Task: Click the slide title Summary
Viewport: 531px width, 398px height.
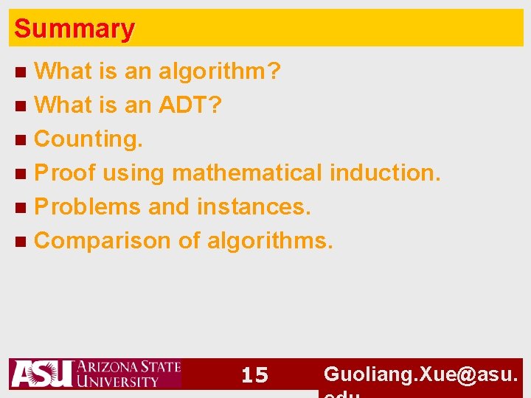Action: click(x=74, y=29)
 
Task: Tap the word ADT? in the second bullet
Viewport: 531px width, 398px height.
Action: click(x=190, y=105)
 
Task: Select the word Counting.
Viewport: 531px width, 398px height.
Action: click(x=89, y=139)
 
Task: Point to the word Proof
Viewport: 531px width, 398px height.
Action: click(x=65, y=173)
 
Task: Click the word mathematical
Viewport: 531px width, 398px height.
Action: click(x=247, y=173)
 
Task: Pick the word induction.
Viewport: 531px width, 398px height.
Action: click(x=385, y=173)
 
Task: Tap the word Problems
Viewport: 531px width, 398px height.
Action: click(x=88, y=207)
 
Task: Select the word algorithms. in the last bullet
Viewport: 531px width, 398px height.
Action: click(x=271, y=241)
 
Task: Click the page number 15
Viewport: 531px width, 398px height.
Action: click(x=255, y=375)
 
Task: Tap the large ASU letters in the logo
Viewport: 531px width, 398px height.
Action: click(x=41, y=374)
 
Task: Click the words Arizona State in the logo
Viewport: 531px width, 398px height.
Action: click(x=128, y=366)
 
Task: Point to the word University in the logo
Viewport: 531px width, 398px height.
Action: click(x=118, y=381)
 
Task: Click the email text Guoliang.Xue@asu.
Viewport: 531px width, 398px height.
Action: click(x=422, y=374)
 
